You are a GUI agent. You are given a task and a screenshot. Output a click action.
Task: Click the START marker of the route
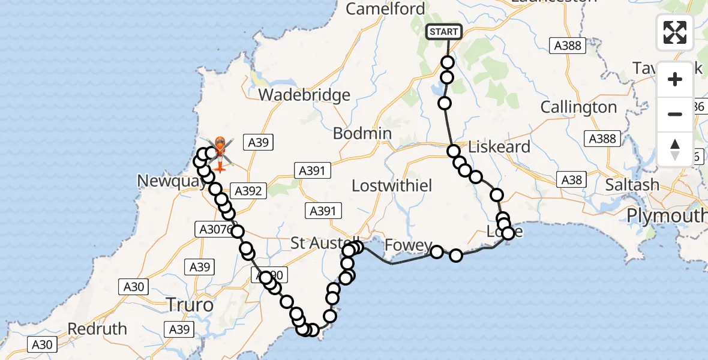pyautogui.click(x=444, y=32)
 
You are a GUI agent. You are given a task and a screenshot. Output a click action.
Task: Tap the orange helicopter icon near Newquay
pyautogui.click(x=220, y=151)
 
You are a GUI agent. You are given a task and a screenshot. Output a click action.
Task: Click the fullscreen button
pyautogui.click(x=675, y=32)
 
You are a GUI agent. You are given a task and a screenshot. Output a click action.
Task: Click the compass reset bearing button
pyautogui.click(x=675, y=149)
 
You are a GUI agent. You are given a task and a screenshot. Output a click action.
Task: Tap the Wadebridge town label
pyautogui.click(x=305, y=95)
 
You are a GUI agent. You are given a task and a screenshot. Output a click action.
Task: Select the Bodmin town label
pyautogui.click(x=362, y=133)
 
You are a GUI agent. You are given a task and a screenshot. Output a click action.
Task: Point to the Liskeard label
pyautogui.click(x=499, y=147)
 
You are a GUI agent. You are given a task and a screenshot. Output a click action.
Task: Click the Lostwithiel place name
pyautogui.click(x=392, y=185)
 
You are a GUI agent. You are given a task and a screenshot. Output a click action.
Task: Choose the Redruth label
pyautogui.click(x=97, y=329)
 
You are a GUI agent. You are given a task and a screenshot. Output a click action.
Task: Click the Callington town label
pyautogui.click(x=578, y=107)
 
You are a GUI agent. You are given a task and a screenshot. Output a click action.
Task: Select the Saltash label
pyautogui.click(x=632, y=185)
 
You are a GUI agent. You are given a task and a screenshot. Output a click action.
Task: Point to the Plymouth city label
pyautogui.click(x=666, y=215)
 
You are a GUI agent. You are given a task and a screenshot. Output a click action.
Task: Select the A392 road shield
pyautogui.click(x=248, y=191)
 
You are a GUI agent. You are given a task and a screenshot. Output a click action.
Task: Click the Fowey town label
pyautogui.click(x=409, y=245)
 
